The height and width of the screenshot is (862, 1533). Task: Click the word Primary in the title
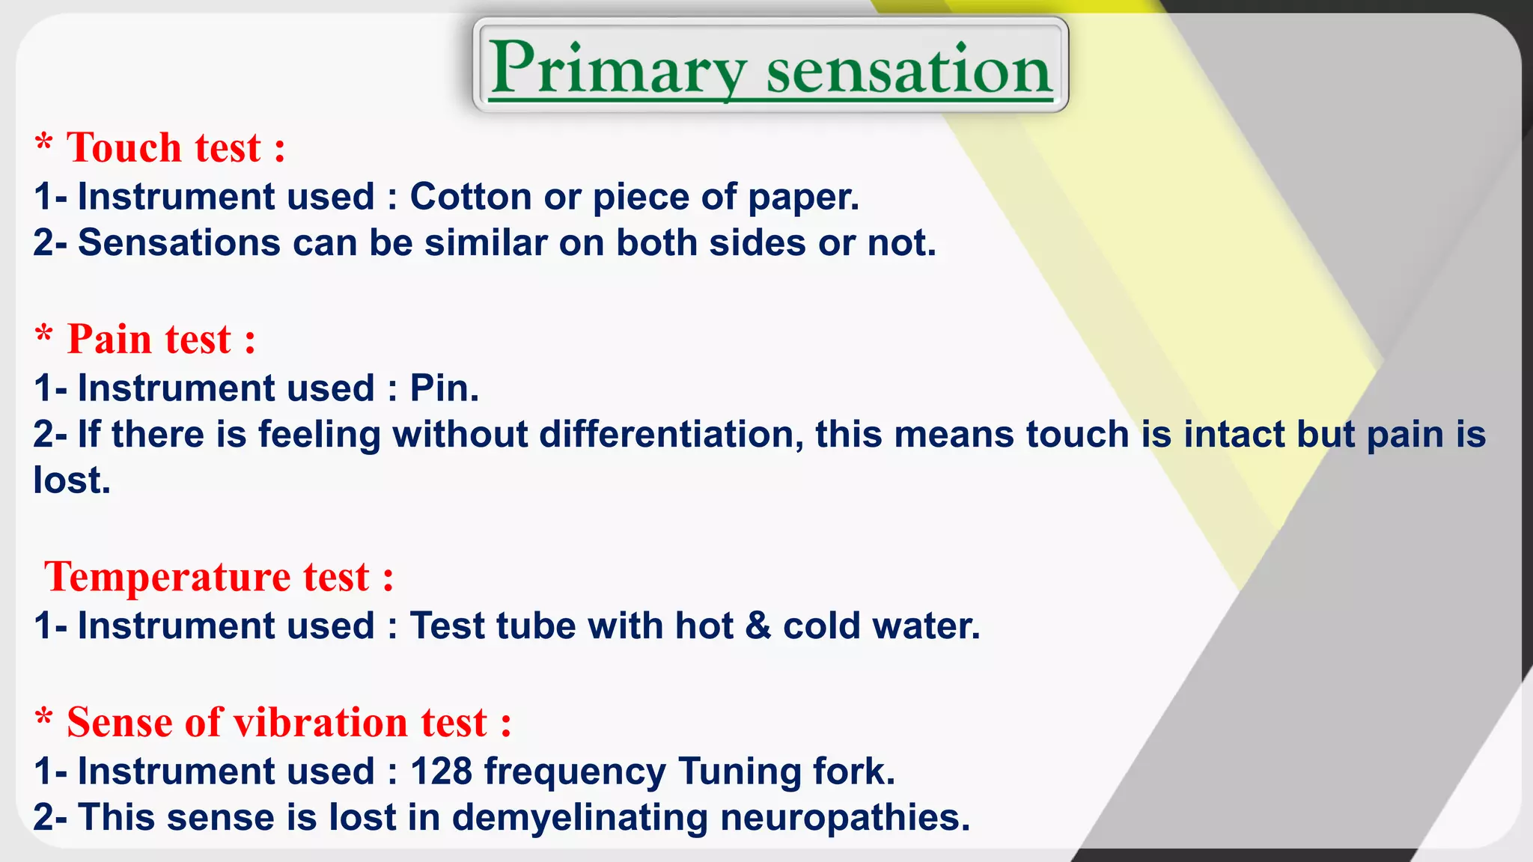point(618,70)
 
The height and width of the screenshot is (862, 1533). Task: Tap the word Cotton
point(471,197)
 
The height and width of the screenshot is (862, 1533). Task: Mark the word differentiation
point(671,435)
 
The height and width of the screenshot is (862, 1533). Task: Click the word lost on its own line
point(71,480)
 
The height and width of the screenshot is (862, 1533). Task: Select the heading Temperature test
point(219,578)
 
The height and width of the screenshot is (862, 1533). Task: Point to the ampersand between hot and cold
point(758,626)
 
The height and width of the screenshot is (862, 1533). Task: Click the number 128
point(441,771)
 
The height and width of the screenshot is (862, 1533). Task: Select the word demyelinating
point(579,818)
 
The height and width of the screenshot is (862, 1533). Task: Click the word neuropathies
point(844,818)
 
